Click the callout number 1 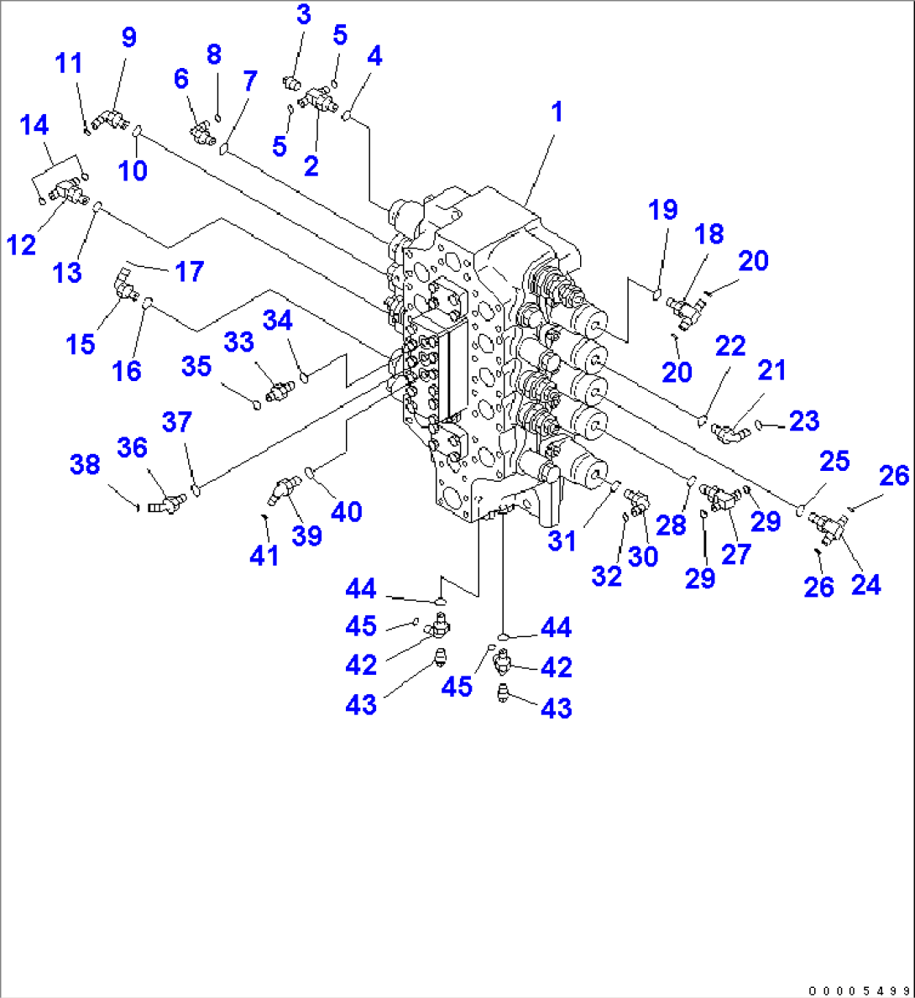coord(555,112)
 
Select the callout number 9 coord(128,38)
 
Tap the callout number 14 coord(34,127)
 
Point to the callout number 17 coord(191,272)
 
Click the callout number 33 coord(238,342)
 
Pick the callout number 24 coord(865,584)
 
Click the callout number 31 coord(562,541)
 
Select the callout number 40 coord(345,510)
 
